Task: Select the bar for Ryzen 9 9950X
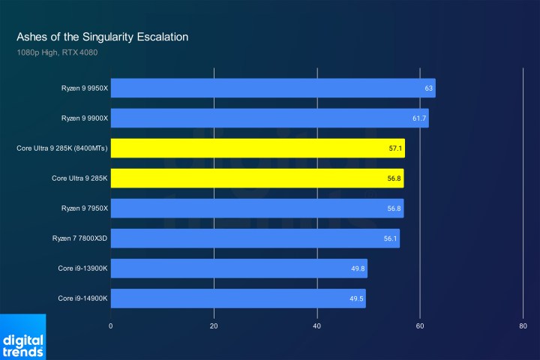(272, 88)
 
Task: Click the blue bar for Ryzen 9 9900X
(269, 118)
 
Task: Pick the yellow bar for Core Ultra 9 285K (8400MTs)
(257, 148)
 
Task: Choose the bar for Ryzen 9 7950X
(256, 208)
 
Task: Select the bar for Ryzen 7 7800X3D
(255, 238)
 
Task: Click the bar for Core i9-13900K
(238, 268)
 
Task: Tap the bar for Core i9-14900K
(238, 298)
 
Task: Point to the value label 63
(428, 88)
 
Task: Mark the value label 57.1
(395, 148)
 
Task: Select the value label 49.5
(356, 298)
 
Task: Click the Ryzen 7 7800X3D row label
(80, 238)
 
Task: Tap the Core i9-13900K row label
(83, 268)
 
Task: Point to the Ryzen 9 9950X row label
(85, 88)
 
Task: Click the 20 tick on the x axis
(214, 326)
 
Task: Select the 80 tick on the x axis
(523, 326)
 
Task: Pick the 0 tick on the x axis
(111, 326)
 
